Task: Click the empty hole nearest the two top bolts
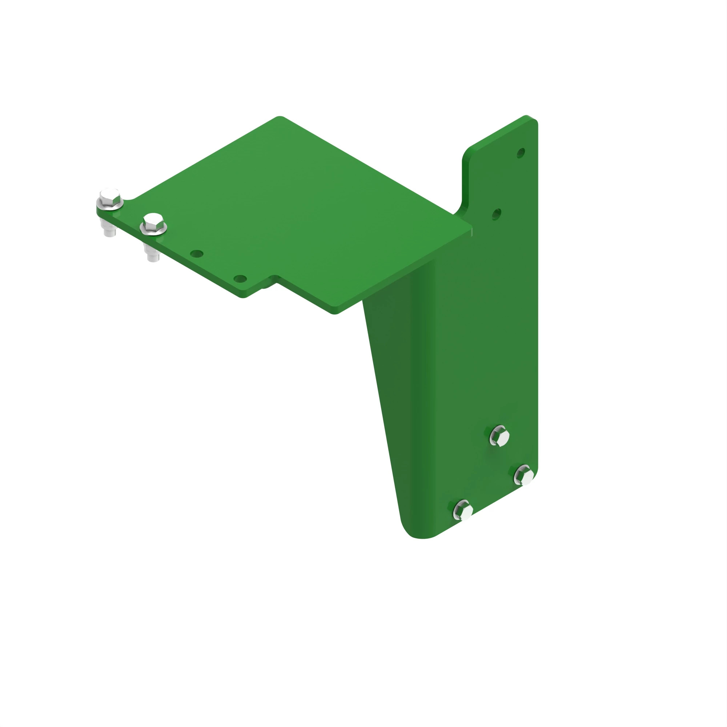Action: tap(197, 254)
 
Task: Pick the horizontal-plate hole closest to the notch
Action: tap(240, 279)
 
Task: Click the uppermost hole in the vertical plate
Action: tap(521, 153)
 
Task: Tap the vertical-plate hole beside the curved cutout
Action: tap(497, 214)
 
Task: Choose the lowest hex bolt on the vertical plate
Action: tap(463, 511)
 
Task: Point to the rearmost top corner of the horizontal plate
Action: tap(279, 117)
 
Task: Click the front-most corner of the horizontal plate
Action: tap(334, 312)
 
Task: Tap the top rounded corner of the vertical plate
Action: tap(531, 119)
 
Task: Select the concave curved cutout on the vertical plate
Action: tap(463, 203)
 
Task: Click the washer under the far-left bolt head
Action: tap(110, 205)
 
